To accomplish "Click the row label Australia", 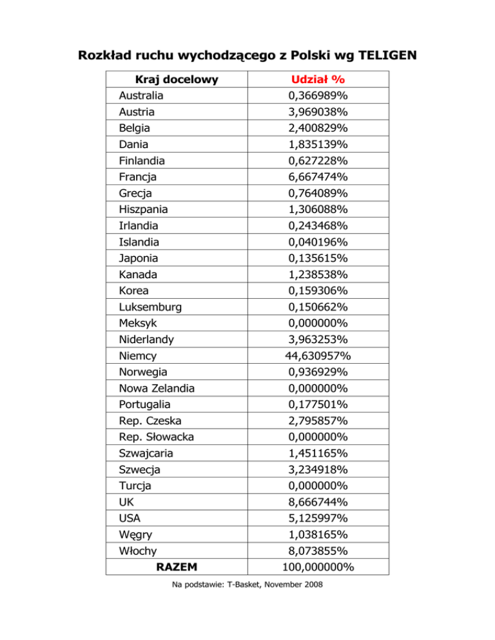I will (141, 96).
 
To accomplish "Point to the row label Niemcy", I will (138, 356).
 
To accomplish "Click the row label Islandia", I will (139, 242).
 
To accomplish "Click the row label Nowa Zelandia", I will (157, 388).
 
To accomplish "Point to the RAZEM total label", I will (176, 567).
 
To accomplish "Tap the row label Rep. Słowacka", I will (157, 437).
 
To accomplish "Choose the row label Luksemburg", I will (150, 307).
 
